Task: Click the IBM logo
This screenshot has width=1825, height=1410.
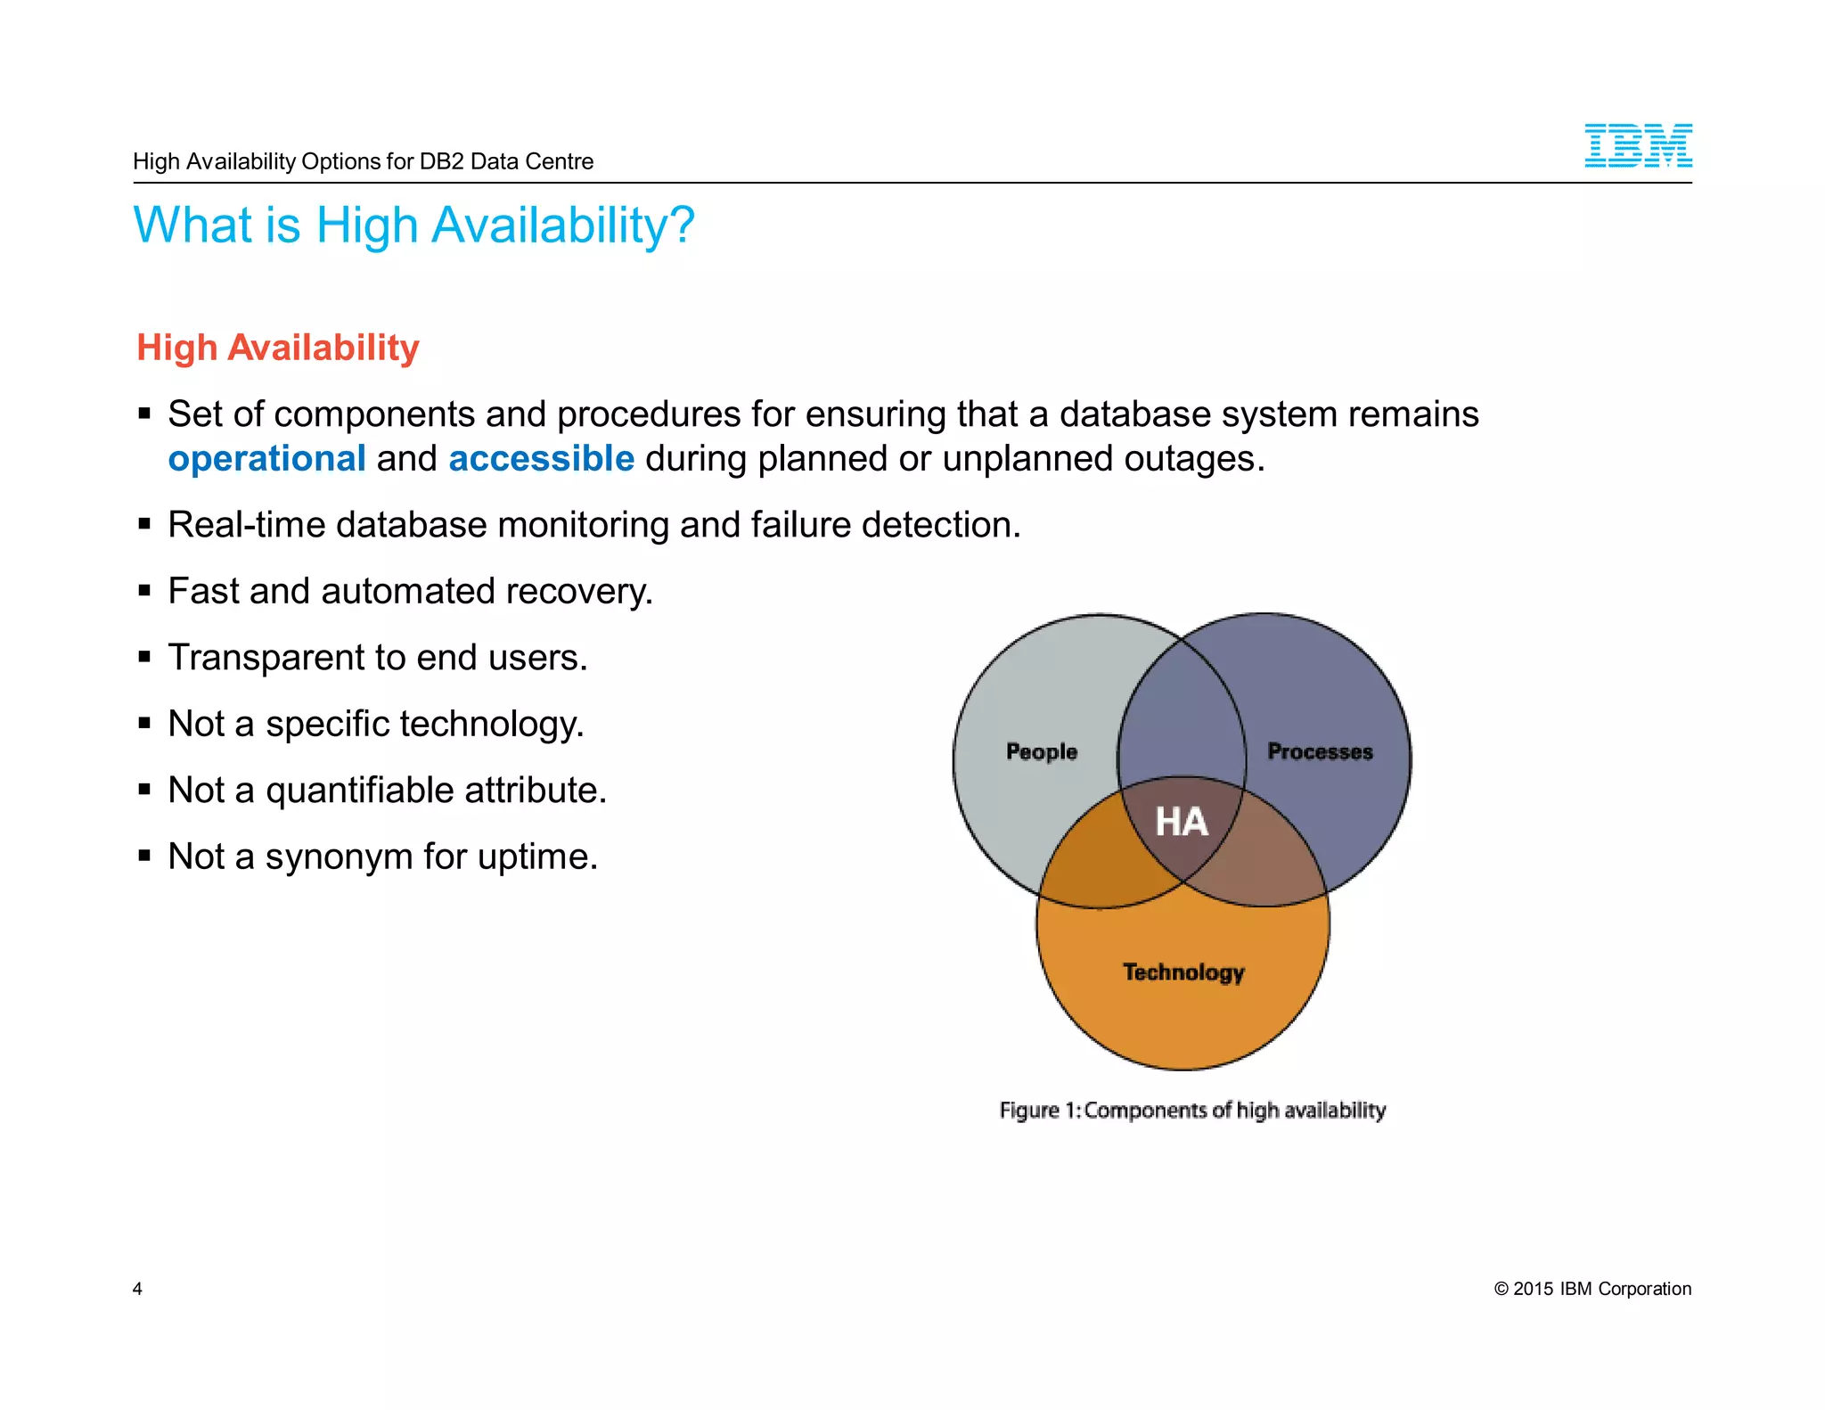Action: pos(1637,146)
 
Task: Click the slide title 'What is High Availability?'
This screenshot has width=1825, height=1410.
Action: pos(413,225)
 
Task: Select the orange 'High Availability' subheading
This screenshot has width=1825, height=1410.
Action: pos(278,348)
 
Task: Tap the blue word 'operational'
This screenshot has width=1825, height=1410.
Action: pos(266,459)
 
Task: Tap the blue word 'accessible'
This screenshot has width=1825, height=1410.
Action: pos(541,459)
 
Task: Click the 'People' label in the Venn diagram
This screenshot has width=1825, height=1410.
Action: pos(1041,751)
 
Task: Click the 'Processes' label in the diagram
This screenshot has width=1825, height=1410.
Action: pos(1320,751)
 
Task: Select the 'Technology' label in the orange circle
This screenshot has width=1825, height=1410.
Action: pos(1183,971)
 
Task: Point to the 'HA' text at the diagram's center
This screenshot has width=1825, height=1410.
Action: pos(1182,822)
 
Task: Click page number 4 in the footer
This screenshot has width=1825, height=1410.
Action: pos(137,1289)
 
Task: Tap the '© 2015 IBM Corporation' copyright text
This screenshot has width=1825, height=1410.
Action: pos(1592,1289)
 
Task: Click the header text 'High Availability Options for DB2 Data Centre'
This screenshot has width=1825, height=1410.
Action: pos(363,161)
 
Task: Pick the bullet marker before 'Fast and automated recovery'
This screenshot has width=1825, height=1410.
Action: pos(144,591)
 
